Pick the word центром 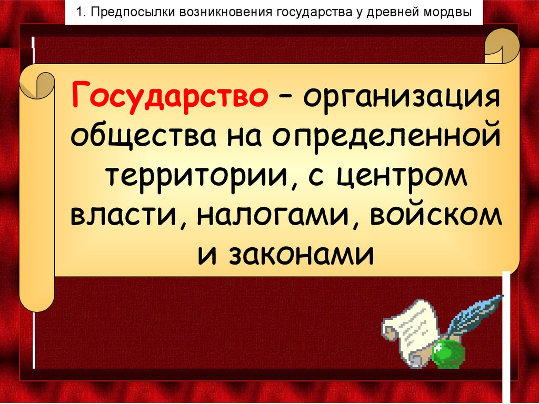(402, 177)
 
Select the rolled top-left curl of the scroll (38, 84)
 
